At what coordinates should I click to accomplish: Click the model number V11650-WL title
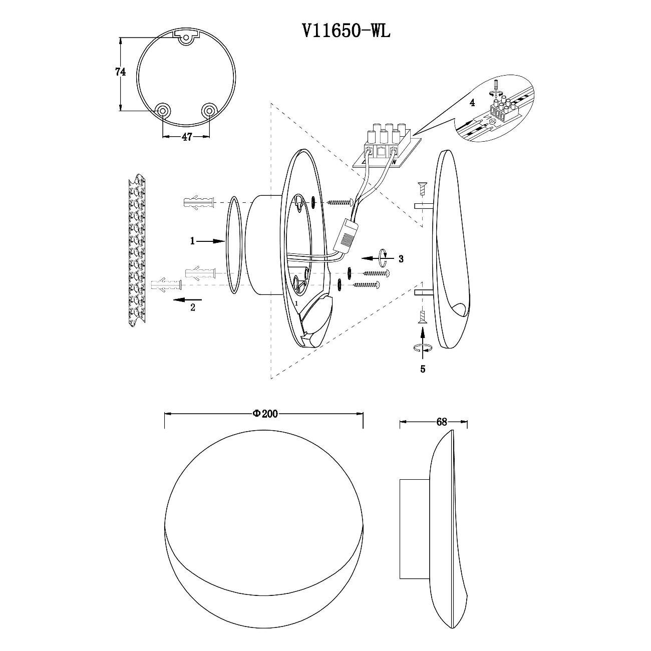point(346,32)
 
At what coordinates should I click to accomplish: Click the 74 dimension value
point(120,72)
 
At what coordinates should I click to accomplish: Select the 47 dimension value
point(187,137)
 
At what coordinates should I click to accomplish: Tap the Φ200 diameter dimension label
point(265,414)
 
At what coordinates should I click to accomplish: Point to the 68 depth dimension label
point(442,422)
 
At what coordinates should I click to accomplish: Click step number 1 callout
point(193,241)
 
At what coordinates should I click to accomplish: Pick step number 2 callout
point(193,308)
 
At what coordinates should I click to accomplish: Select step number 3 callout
point(401,259)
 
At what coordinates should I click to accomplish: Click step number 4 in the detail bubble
point(472,103)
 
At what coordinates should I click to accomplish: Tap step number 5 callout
point(423,369)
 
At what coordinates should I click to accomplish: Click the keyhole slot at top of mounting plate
point(185,39)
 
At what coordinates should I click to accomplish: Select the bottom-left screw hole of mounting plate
point(162,110)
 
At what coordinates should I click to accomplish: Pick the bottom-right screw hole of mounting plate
point(209,110)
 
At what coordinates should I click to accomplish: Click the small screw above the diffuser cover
point(422,188)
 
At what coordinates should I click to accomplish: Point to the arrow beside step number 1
point(210,241)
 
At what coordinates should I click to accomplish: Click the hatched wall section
point(137,250)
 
